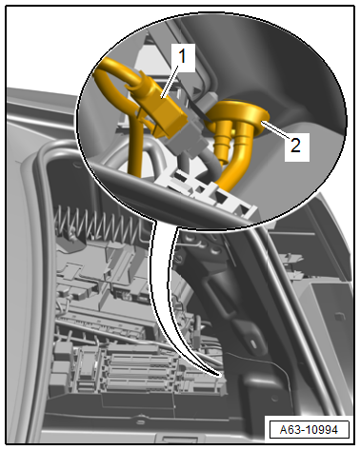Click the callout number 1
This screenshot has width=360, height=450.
click(182, 57)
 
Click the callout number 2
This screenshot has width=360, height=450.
click(295, 146)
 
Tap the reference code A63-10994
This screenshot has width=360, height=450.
click(309, 430)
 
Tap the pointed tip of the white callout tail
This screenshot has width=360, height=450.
click(220, 376)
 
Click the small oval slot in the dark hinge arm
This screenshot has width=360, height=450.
click(254, 343)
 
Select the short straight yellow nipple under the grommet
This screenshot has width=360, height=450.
click(223, 145)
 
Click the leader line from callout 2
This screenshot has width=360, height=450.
click(276, 130)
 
